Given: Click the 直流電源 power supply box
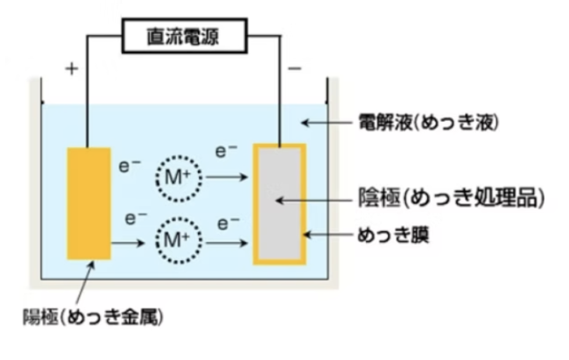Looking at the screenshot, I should (x=183, y=36).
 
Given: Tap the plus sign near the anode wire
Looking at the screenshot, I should (x=71, y=67).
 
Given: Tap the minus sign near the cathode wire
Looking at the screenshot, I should (x=295, y=67).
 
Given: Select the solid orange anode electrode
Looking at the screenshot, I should (x=90, y=203).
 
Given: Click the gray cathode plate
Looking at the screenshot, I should (x=279, y=203).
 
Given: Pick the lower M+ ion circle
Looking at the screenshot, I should (x=179, y=238).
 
